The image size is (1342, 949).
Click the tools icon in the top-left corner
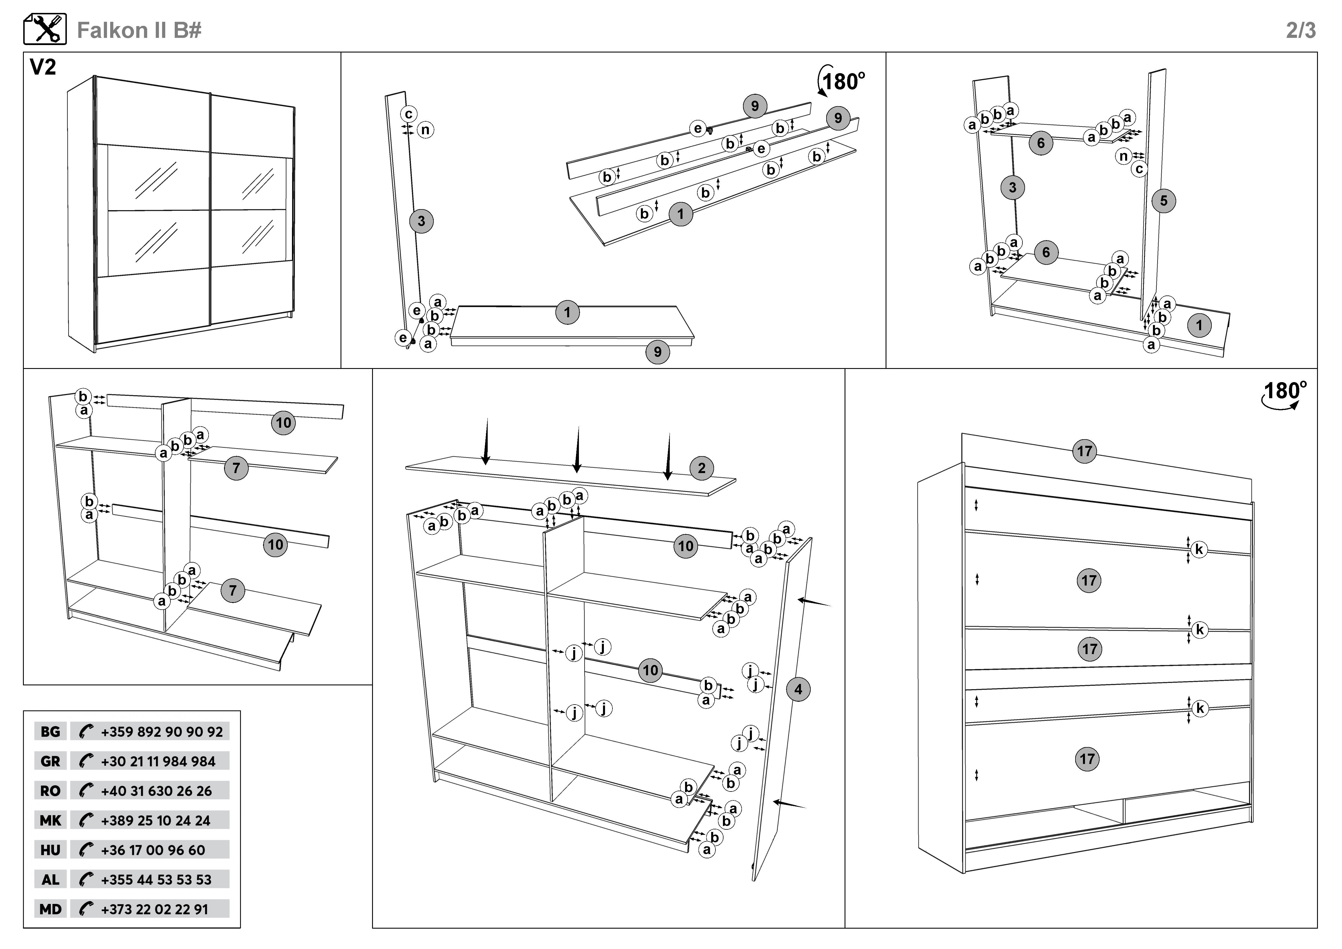pos(45,29)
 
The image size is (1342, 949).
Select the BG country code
pos(50,732)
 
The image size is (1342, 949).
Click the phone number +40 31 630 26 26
pos(156,791)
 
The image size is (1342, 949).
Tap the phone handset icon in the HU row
pos(86,850)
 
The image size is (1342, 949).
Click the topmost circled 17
pos(1084,451)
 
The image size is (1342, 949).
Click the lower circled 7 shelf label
pos(233,590)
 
